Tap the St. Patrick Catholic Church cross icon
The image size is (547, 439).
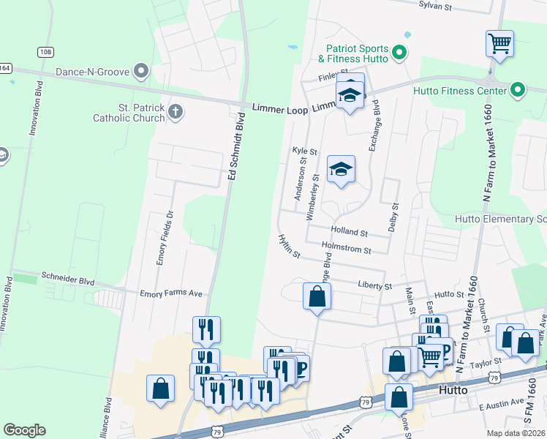point(174,112)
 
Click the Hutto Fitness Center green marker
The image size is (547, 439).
point(518,91)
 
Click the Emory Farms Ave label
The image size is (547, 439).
point(170,293)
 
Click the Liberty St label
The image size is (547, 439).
point(375,285)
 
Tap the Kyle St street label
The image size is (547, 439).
point(304,151)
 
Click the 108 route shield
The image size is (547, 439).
point(45,52)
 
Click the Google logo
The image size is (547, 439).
point(24,430)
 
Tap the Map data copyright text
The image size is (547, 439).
point(516,433)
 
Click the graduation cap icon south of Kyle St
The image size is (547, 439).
point(341,170)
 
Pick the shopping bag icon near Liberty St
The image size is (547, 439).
point(317,296)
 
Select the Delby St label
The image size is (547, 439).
point(393,217)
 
